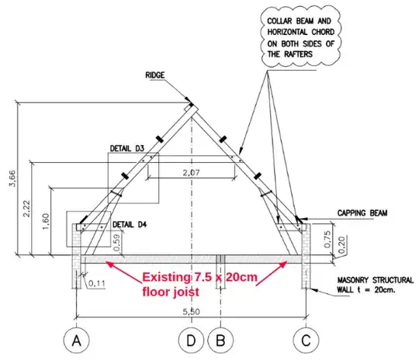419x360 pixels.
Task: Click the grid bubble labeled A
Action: [x=76, y=341]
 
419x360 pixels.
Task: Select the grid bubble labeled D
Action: [x=191, y=341]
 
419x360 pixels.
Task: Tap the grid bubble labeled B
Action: [x=220, y=341]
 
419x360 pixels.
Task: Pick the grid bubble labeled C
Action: [x=306, y=341]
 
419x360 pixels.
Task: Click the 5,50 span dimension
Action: [x=192, y=312]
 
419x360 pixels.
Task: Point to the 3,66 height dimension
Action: [x=13, y=178]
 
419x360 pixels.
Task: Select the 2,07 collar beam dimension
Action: [x=192, y=173]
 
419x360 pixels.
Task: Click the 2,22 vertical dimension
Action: [x=27, y=209]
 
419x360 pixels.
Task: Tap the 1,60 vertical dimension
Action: [x=46, y=221]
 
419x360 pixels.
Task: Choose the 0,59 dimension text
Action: [x=116, y=243]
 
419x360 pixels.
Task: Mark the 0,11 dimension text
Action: [x=97, y=283]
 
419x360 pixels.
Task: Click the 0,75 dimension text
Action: [x=327, y=239]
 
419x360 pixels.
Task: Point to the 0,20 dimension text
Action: [x=341, y=245]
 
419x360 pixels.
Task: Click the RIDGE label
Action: [x=155, y=75]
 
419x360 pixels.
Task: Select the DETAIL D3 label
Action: [x=127, y=149]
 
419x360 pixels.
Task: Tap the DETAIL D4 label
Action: [x=130, y=224]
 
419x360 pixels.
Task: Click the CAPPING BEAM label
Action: [x=362, y=213]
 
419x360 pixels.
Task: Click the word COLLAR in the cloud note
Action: [x=280, y=21]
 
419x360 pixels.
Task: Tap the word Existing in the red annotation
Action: [x=166, y=277]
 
